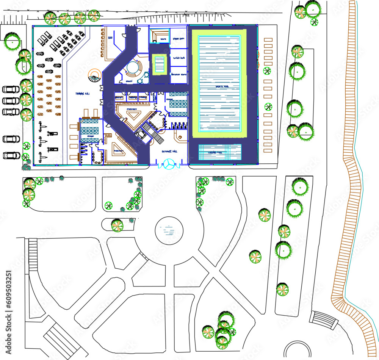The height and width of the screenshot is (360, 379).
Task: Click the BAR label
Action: pos(111,38)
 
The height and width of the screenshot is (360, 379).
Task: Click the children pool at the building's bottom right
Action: pos(220,152)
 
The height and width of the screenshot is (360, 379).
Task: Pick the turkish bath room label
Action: pos(178,58)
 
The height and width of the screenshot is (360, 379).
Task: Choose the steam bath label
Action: pos(178,39)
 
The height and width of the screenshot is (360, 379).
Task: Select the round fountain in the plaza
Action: pos(169,230)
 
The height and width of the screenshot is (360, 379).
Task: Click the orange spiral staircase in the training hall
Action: pos(94,76)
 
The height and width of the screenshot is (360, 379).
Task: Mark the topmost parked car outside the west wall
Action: pos(11,90)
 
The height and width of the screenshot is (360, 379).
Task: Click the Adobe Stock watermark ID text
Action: pos(8,310)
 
